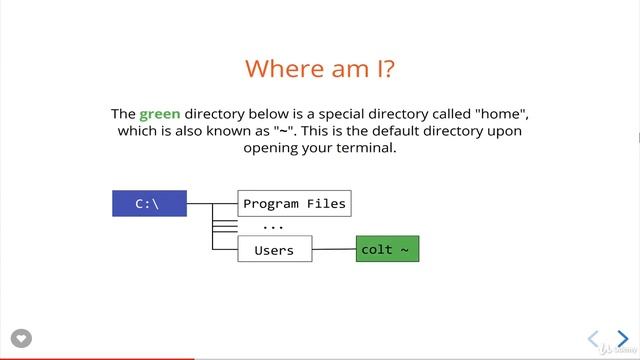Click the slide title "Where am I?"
point(319,69)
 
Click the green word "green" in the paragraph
point(160,115)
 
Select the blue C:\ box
point(149,204)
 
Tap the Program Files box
point(294,204)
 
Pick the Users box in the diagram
point(274,250)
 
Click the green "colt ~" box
point(387,250)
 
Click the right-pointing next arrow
point(622,339)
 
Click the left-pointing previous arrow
point(593,339)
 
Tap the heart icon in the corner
point(21,338)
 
